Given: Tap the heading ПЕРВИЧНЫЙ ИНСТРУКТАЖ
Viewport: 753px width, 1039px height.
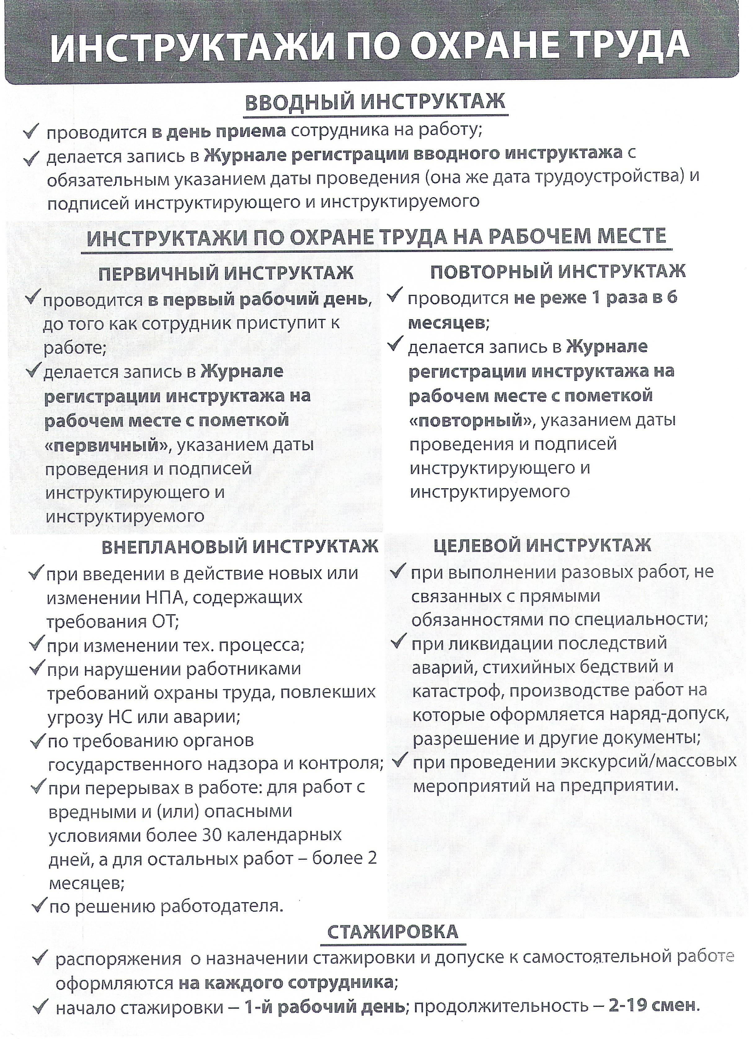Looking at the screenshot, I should pyautogui.click(x=226, y=273).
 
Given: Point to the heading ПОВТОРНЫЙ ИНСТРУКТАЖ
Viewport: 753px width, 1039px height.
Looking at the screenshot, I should pyautogui.click(x=558, y=272).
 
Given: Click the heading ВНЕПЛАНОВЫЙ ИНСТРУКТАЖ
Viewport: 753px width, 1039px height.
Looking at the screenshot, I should pyautogui.click(x=239, y=546).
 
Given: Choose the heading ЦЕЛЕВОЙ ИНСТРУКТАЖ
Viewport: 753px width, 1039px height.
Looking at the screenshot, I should pyautogui.click(x=542, y=545).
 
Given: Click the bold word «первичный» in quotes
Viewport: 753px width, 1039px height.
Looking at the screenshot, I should pyautogui.click(x=106, y=445).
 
